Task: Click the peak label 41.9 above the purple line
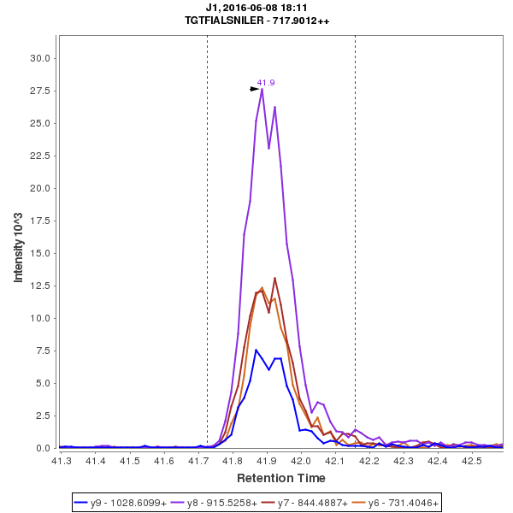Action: [266, 83]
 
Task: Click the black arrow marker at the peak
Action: [254, 89]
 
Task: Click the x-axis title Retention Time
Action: [281, 477]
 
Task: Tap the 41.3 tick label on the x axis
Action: [61, 461]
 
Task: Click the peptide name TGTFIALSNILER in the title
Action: [231, 21]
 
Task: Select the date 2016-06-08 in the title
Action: [254, 8]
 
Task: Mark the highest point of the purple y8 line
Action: [262, 89]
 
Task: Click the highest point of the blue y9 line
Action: [256, 350]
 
